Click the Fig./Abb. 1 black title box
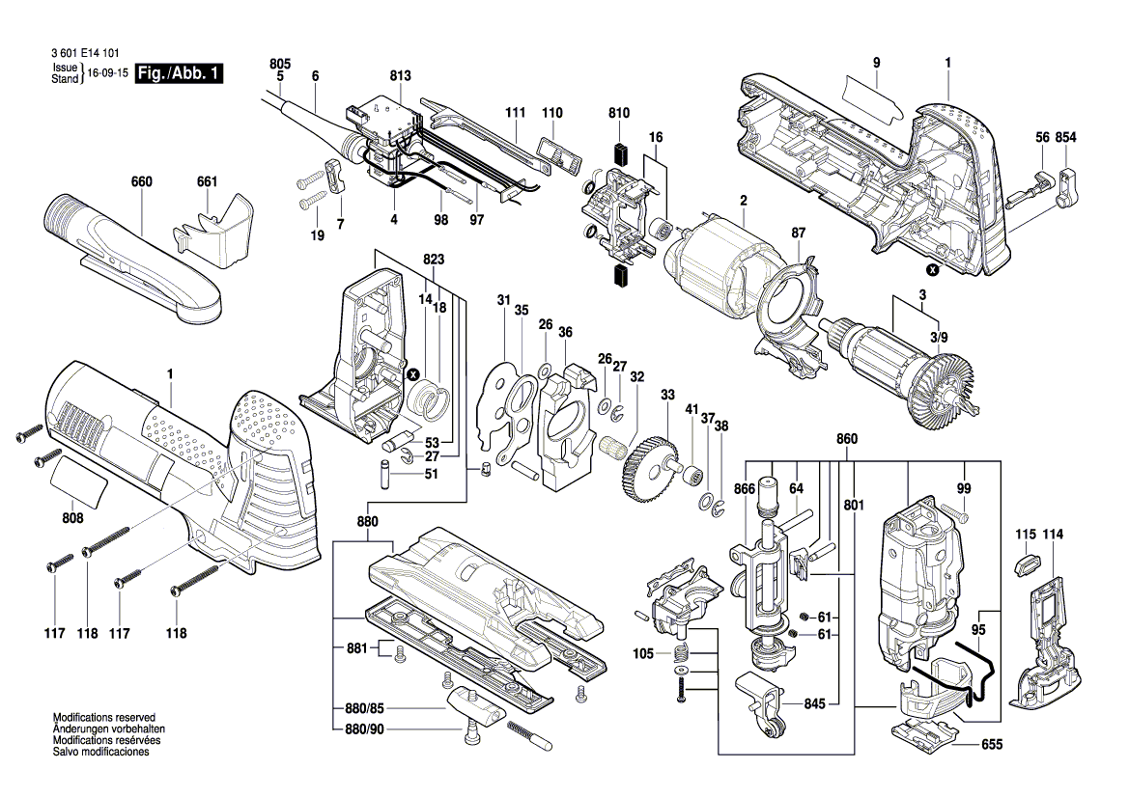point(180,73)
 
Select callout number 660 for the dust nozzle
point(141,181)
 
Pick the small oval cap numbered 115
point(1026,561)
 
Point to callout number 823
point(434,260)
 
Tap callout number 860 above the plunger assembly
point(847,439)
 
